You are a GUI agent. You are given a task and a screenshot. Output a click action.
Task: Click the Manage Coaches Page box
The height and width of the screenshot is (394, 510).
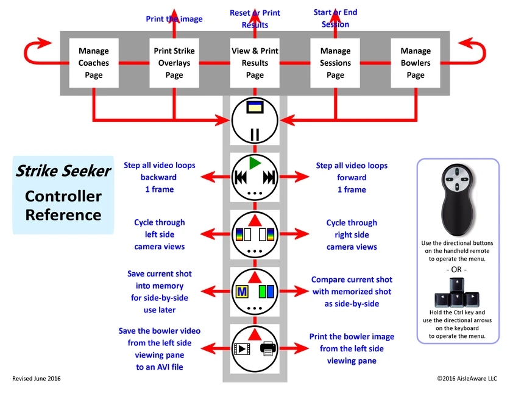coord(94,63)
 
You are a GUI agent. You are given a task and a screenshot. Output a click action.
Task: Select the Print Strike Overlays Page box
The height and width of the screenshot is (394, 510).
coord(174,63)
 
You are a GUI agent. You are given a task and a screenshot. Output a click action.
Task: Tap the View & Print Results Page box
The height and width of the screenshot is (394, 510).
coord(255,63)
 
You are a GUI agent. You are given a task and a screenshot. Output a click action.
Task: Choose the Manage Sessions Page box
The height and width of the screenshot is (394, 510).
coord(335,63)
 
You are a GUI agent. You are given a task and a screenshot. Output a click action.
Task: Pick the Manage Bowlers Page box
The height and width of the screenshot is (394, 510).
coord(416,63)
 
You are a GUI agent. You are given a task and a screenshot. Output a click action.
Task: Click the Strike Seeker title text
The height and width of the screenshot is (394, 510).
coord(63,171)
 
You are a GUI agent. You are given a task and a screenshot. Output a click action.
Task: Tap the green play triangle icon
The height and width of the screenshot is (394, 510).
coord(255,163)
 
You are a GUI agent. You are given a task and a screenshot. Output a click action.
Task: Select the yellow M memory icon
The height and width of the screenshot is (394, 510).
coord(242,292)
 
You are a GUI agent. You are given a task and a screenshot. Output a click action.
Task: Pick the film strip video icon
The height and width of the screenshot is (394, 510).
coord(242,350)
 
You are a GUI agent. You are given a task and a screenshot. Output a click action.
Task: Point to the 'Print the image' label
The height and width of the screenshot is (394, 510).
coord(174,19)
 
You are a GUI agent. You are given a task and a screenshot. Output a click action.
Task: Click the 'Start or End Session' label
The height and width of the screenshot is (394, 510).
coord(335,18)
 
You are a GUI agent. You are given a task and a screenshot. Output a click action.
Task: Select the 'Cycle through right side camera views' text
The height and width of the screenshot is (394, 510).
coord(352,234)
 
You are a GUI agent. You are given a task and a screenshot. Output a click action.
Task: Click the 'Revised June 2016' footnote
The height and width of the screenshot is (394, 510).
coord(37,379)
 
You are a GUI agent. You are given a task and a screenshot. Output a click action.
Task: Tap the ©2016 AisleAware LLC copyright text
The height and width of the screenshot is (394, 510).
coord(467,379)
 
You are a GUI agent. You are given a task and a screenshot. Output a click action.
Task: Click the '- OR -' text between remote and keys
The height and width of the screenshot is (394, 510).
coord(456,269)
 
